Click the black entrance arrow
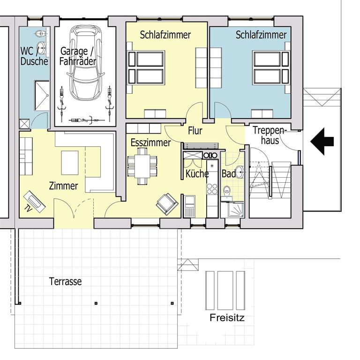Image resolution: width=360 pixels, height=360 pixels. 322,142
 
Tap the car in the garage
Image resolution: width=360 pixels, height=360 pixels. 85,63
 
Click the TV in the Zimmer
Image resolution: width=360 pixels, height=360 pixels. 34,202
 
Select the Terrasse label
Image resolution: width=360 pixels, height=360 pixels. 66,281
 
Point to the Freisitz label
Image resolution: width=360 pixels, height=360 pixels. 227,318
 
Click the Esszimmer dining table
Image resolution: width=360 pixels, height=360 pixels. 142,166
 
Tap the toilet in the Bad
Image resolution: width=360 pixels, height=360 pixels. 227,191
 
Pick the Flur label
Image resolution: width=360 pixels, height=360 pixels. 195,131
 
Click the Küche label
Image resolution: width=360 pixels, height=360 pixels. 197,174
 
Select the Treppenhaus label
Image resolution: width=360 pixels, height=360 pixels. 270,135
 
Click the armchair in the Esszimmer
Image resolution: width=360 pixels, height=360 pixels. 167,204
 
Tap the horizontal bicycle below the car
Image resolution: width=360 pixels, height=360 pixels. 87,120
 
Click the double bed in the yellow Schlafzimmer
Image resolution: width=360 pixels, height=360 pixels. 146,67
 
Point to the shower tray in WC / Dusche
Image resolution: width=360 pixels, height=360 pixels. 42,96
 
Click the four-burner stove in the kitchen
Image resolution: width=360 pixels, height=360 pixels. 212,188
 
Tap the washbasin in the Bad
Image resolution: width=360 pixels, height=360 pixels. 240,172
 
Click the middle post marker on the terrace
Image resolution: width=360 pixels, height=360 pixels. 96,303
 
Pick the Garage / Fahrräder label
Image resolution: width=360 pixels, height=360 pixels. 77,56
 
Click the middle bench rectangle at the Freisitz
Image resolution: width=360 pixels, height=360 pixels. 225,291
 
